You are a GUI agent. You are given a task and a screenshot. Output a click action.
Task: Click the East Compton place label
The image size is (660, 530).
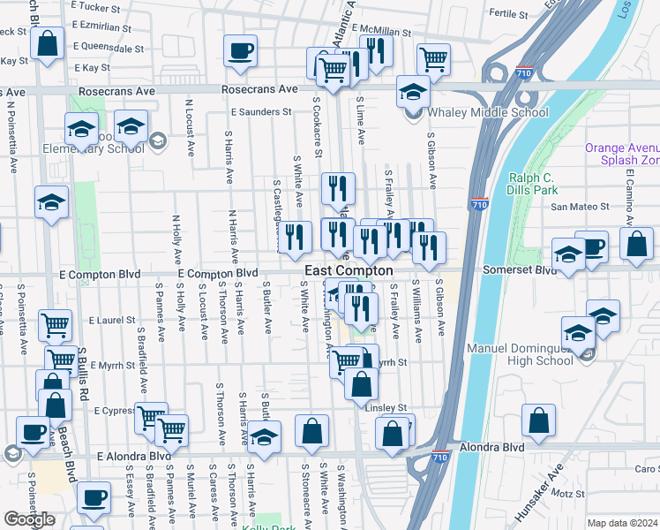(349, 270)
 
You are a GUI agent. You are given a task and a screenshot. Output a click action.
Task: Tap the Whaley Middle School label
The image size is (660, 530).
(487, 112)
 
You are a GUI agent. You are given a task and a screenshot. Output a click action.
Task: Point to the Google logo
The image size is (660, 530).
(30, 519)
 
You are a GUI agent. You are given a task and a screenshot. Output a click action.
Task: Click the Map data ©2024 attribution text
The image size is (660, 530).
(622, 523)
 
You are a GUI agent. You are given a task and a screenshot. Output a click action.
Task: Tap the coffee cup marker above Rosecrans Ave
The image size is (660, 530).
(239, 51)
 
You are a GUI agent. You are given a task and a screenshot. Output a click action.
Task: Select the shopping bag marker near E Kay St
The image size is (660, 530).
(48, 42)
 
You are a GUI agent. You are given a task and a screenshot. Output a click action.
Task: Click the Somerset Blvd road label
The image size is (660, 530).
(520, 269)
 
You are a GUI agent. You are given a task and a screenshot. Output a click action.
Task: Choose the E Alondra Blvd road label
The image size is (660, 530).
(133, 456)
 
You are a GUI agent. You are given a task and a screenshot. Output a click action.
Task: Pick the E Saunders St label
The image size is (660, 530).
(261, 112)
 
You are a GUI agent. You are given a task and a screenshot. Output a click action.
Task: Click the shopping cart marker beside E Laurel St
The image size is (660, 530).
(56, 325)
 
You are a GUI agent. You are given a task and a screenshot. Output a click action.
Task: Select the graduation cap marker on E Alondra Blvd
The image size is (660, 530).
(264, 436)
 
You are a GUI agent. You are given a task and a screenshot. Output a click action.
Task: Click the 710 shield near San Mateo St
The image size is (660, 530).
(478, 202)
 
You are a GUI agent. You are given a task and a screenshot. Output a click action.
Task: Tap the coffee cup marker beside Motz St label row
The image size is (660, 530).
(93, 496)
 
